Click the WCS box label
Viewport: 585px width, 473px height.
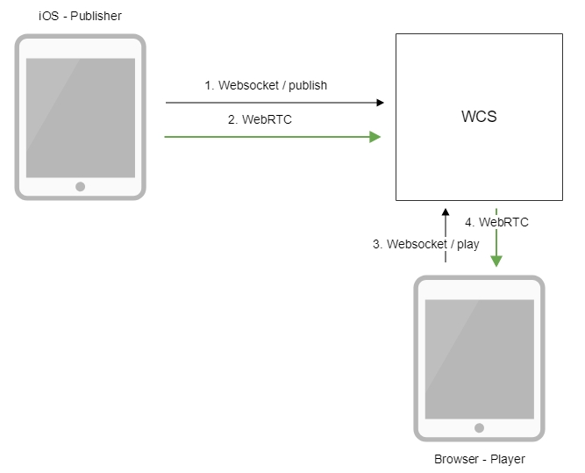[x=479, y=117]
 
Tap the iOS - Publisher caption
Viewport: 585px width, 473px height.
[x=80, y=16]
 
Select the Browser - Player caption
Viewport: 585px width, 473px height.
[x=479, y=459]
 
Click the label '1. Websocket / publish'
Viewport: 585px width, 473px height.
[x=266, y=85]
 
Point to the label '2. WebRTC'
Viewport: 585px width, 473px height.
[x=260, y=120]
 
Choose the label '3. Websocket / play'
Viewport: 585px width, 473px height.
[x=426, y=244]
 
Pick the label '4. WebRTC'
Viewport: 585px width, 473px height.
[x=496, y=222]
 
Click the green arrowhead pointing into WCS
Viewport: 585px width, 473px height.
[x=375, y=137]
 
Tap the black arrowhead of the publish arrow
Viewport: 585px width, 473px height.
[x=380, y=103]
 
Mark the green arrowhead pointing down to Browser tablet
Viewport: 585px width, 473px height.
[x=496, y=261]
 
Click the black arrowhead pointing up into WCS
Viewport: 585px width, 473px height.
[x=445, y=213]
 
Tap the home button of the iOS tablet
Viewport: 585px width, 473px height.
[x=80, y=186]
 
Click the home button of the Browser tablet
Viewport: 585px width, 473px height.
[x=479, y=427]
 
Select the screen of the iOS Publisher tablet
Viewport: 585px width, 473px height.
[x=80, y=118]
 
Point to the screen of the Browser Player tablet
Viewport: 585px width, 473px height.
[x=479, y=359]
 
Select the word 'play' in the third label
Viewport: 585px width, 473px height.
[x=467, y=244]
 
